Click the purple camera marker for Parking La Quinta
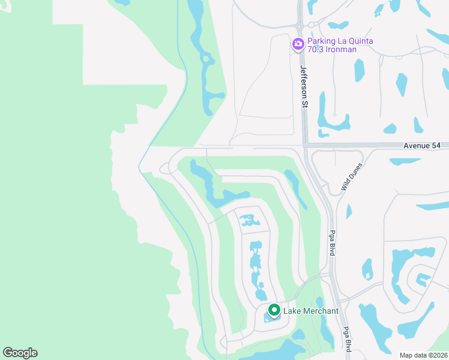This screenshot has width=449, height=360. click(298, 44)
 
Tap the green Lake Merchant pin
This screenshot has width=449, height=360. click(274, 310)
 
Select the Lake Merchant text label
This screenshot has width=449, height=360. click(311, 311)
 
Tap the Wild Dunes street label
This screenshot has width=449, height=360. click(352, 177)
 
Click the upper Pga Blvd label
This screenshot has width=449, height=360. click(332, 243)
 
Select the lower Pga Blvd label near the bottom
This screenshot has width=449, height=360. click(347, 338)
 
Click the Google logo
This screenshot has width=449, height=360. click(20, 353)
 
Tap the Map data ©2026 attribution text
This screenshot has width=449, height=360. click(423, 355)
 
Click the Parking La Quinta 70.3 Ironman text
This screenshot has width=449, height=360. click(340, 45)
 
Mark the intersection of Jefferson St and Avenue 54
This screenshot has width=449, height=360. click(305, 145)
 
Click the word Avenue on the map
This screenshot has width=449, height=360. click(416, 146)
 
